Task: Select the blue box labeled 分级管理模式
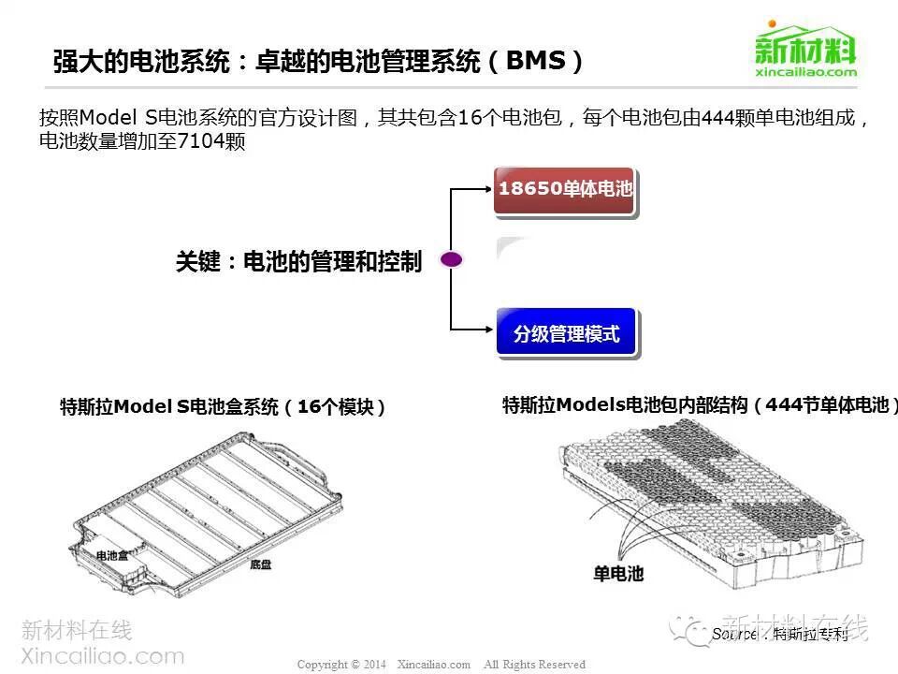566,333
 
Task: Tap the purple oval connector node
452,260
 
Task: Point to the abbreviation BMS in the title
535,62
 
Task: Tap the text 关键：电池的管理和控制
298,261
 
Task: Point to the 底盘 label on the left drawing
261,564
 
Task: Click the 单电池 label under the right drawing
618,573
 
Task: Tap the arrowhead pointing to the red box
487,188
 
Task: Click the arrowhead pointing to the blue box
487,329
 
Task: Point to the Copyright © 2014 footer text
341,665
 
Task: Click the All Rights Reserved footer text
534,665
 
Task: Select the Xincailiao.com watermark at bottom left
102,656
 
